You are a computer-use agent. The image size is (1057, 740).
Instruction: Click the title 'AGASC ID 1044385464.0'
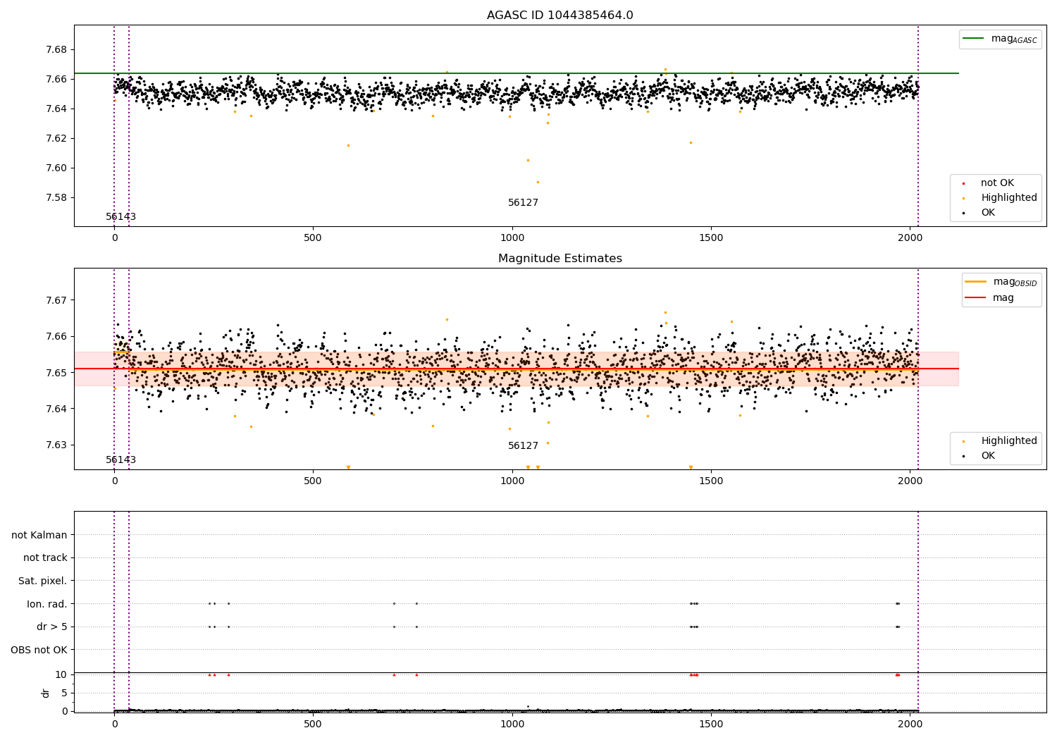(560, 16)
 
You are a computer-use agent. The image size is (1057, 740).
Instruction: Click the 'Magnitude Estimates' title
(560, 259)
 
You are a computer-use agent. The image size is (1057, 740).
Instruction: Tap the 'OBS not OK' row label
(39, 650)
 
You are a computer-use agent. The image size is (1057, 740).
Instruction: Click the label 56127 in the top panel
(523, 203)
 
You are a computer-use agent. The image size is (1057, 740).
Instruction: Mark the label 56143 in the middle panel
(120, 460)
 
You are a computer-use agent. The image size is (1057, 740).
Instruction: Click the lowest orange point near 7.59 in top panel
(538, 182)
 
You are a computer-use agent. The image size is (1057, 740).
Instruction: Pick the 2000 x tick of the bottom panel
(910, 724)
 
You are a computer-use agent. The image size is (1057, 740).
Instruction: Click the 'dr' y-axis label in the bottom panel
(46, 693)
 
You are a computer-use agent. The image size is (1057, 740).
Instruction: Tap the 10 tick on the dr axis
(61, 674)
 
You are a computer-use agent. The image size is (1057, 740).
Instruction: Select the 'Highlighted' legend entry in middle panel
(1008, 441)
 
